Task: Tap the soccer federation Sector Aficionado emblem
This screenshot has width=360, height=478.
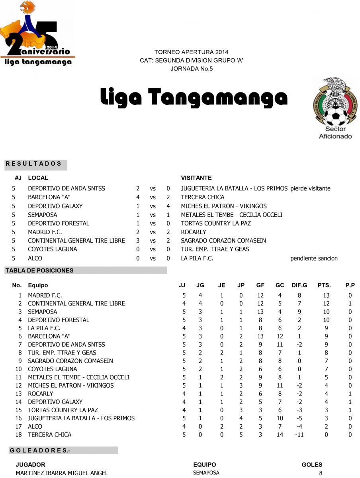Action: (x=335, y=108)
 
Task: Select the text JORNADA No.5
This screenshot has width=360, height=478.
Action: (x=192, y=69)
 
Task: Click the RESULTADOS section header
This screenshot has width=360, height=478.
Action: (x=33, y=164)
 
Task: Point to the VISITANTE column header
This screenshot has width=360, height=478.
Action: (x=196, y=178)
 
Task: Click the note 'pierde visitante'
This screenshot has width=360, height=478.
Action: (x=310, y=188)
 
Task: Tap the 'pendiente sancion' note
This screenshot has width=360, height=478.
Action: (x=314, y=259)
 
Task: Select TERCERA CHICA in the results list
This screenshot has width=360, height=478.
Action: (x=202, y=197)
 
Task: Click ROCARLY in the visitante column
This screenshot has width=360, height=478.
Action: (x=194, y=232)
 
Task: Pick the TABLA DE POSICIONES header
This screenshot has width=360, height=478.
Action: (x=39, y=270)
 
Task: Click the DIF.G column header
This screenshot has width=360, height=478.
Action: (x=299, y=285)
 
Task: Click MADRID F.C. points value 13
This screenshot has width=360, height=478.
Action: (x=326, y=296)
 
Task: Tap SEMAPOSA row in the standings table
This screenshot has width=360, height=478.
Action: (x=42, y=312)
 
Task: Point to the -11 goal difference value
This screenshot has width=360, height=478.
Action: (x=299, y=435)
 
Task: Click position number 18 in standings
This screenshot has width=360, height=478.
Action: (x=18, y=435)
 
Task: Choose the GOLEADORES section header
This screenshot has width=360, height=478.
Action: (x=39, y=451)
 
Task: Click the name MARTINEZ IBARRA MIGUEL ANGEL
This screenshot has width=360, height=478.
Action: (x=62, y=473)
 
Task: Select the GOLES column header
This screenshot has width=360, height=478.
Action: (x=312, y=464)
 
